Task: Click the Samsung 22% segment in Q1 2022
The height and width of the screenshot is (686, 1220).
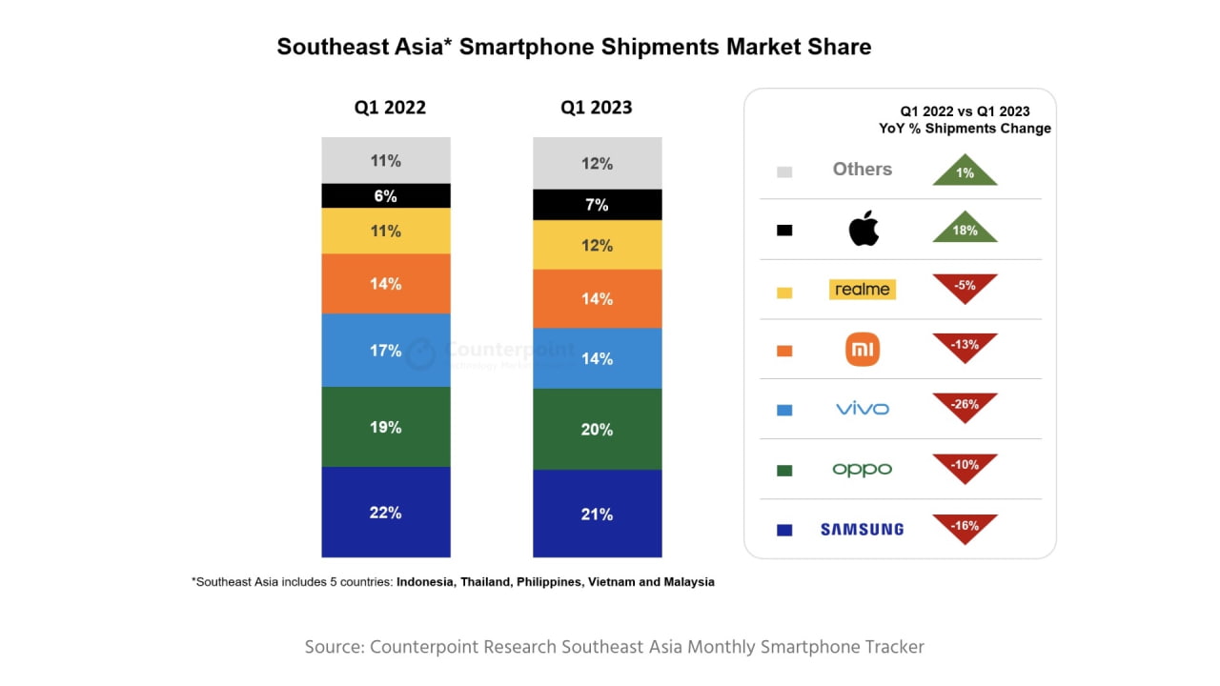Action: (385, 512)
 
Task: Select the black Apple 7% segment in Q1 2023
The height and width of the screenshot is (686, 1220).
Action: (597, 205)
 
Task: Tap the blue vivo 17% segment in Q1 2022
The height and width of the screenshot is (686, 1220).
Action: (385, 351)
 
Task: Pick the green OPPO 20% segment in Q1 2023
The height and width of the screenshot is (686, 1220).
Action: (597, 429)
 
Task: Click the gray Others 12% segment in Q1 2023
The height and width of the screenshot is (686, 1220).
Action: (597, 163)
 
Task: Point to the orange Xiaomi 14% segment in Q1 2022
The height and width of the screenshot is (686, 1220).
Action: (385, 284)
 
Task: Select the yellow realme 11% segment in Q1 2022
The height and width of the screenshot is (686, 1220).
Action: (385, 231)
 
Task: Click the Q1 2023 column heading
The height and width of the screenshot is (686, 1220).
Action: (596, 108)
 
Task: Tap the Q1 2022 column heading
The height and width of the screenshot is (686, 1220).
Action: (390, 108)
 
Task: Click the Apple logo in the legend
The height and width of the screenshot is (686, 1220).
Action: (863, 230)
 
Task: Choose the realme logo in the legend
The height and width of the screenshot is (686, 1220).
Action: (862, 290)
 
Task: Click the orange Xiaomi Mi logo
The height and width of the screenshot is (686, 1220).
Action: (863, 350)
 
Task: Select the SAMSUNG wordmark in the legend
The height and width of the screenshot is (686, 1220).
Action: (862, 530)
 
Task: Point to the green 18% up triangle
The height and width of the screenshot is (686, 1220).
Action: (965, 230)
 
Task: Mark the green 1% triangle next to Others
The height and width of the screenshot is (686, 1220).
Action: (965, 173)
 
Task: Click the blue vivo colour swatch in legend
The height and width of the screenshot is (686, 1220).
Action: (784, 410)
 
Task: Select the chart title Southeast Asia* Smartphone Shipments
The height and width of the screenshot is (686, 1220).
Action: (573, 47)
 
